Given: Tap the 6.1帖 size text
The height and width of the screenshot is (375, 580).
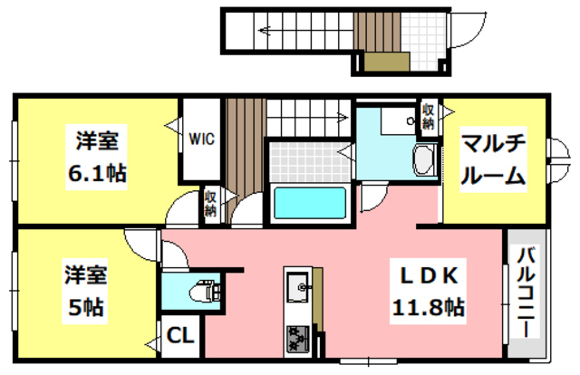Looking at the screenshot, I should [x=95, y=171].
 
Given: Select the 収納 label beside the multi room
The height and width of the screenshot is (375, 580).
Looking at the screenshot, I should [x=428, y=115].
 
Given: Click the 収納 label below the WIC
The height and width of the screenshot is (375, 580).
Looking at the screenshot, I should [x=210, y=202].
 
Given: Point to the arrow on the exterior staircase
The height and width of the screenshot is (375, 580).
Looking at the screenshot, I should [x=272, y=30].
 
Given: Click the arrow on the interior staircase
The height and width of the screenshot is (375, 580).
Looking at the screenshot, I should [x=335, y=116].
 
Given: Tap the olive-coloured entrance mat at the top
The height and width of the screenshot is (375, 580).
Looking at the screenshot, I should [x=385, y=62].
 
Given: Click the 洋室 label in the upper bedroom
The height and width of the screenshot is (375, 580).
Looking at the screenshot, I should [x=95, y=141].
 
